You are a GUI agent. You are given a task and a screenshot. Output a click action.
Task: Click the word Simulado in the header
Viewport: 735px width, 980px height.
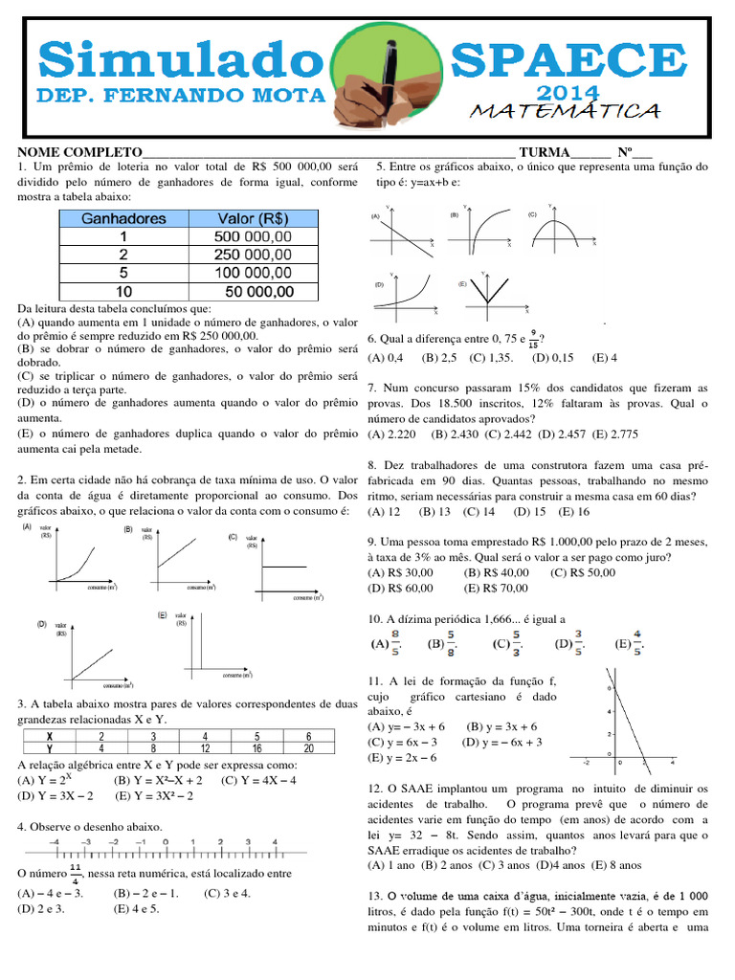(x=182, y=59)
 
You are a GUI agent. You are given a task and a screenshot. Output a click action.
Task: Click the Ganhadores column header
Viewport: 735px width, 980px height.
(x=123, y=218)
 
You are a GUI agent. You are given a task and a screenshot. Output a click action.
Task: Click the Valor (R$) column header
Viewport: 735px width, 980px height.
(x=254, y=218)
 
